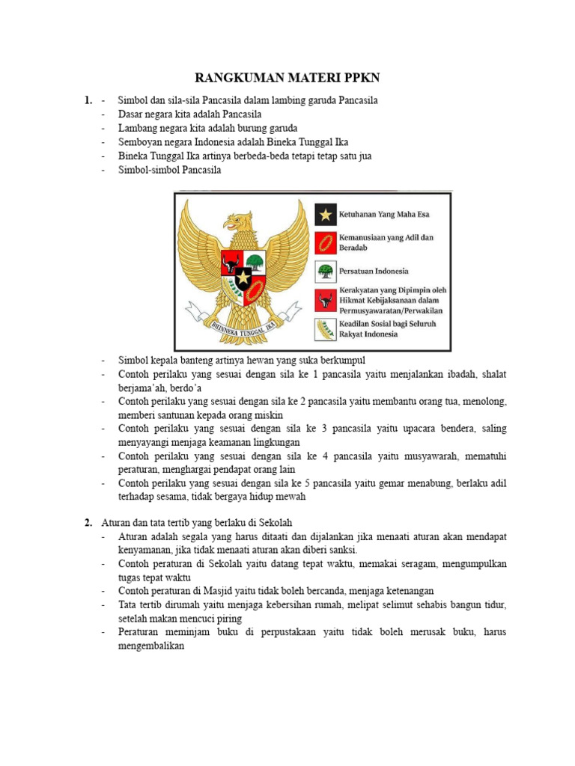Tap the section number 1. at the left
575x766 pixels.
(x=88, y=100)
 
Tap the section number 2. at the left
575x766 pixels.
(x=88, y=522)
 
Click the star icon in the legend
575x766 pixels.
(x=325, y=215)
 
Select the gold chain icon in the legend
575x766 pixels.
(x=325, y=242)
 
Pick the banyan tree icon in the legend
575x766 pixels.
(x=325, y=271)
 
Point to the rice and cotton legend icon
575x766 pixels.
(x=325, y=329)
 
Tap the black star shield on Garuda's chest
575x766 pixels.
(x=244, y=278)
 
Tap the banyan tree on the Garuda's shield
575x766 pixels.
(x=255, y=263)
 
